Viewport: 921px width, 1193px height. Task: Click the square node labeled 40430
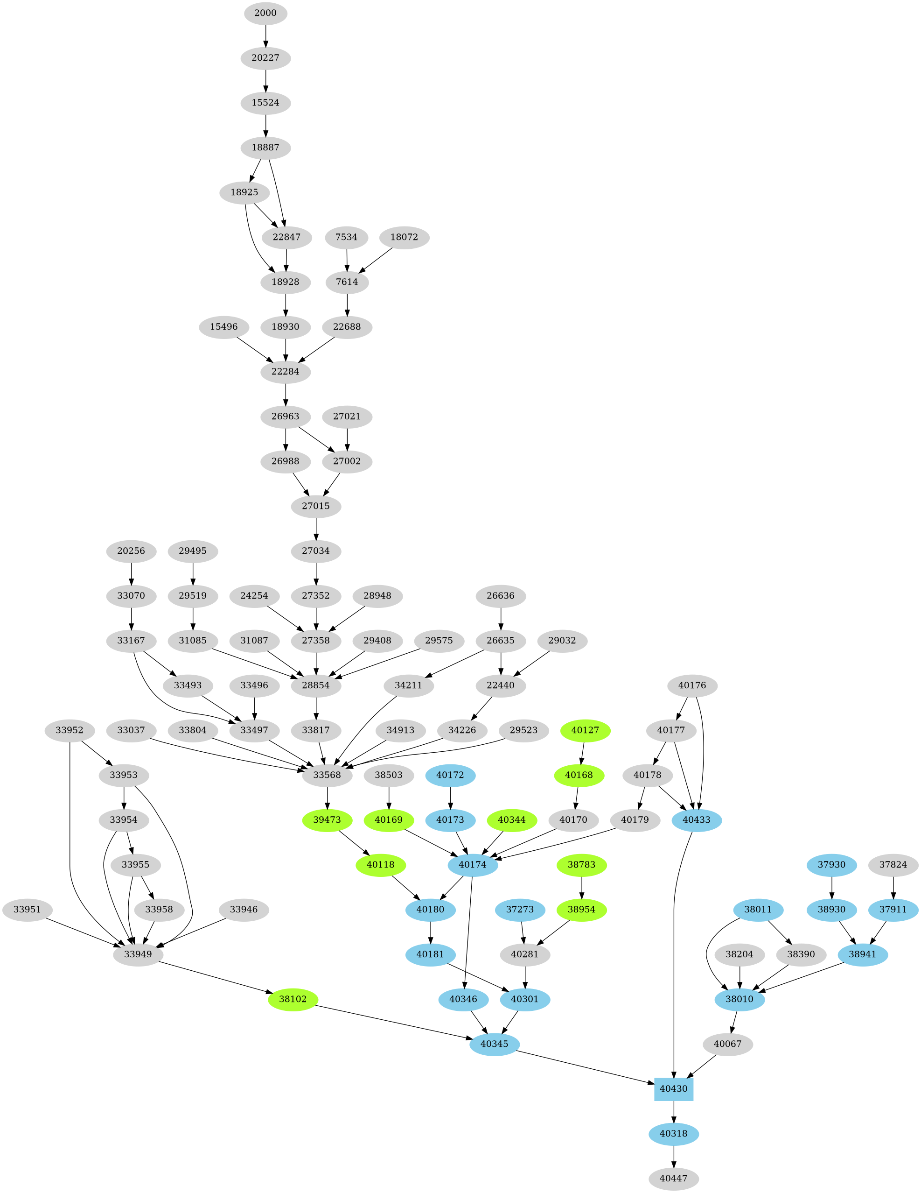pos(673,1089)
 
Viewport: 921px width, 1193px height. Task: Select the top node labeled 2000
pos(265,13)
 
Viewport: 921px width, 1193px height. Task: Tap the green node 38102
pos(293,999)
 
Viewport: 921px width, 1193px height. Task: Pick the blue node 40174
pos(472,865)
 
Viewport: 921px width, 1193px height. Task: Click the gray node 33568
pos(327,775)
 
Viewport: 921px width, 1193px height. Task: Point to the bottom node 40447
pos(673,1178)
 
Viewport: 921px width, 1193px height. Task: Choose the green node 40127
pos(585,730)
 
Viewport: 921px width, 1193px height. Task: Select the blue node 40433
pos(697,820)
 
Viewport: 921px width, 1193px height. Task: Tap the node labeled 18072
pos(404,237)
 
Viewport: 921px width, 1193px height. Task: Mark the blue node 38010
pos(739,999)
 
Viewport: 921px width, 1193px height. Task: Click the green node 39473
pos(327,820)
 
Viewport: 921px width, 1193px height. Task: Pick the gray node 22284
pos(286,372)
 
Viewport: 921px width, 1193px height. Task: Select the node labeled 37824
pos(893,865)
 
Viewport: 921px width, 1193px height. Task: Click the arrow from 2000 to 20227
pos(265,35)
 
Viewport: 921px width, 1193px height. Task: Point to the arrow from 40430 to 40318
pos(673,1111)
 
